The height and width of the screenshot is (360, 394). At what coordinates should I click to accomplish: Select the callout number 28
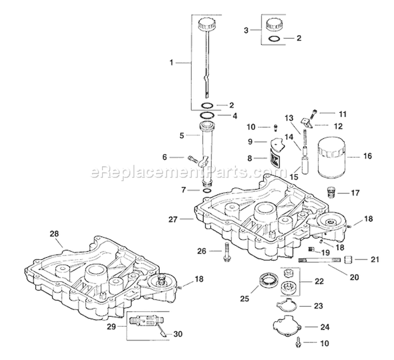click(55, 233)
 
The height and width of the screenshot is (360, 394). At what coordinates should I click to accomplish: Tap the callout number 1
click(171, 63)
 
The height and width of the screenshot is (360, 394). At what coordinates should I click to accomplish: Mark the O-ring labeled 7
click(208, 190)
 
